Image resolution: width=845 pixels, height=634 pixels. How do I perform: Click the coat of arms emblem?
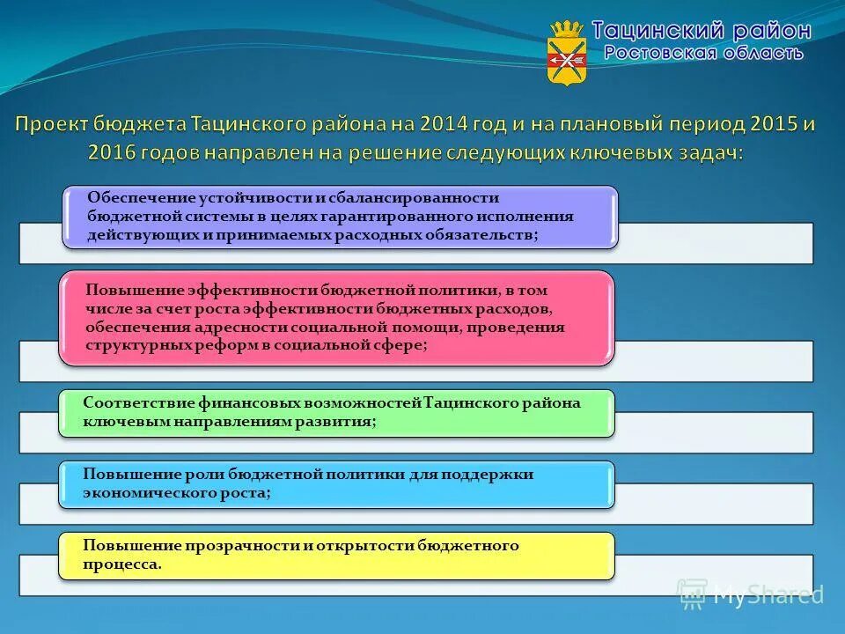tap(567, 52)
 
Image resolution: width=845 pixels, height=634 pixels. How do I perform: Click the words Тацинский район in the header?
tap(701, 30)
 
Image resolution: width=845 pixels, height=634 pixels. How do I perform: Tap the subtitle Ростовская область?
tap(702, 53)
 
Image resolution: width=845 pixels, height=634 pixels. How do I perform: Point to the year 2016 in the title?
tap(112, 151)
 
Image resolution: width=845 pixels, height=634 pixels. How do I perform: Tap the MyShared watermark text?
tap(768, 594)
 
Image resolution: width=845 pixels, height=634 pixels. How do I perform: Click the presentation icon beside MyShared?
tap(693, 594)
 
